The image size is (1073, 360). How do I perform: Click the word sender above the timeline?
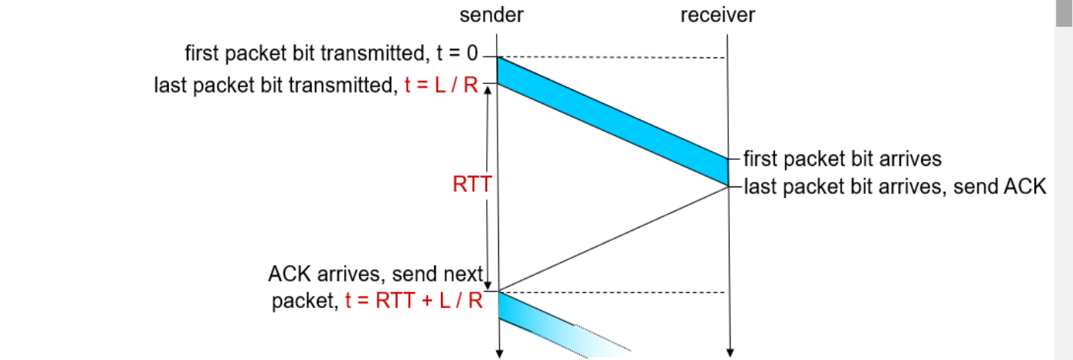[x=491, y=15]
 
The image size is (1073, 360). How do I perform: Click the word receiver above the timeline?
[x=717, y=15]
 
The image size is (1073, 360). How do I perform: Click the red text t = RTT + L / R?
[x=413, y=300]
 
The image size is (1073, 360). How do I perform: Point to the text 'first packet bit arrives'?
[x=842, y=159]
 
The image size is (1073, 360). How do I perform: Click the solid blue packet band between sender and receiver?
[x=611, y=120]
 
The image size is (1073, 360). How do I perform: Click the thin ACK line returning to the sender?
[x=611, y=238]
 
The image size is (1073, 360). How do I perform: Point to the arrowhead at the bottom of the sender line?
[x=498, y=353]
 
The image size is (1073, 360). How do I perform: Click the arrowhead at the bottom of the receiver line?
[x=729, y=353]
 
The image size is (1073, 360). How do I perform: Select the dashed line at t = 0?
[x=611, y=58]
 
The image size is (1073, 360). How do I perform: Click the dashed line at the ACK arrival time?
[x=611, y=292]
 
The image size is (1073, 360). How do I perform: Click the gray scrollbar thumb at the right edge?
[x=1064, y=14]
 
